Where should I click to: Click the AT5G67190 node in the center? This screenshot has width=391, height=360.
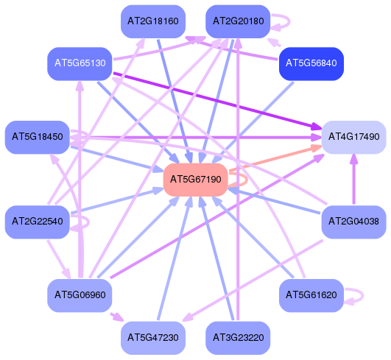196,180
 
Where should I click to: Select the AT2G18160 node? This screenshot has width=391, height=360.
153,21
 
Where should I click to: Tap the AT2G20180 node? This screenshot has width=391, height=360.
238,21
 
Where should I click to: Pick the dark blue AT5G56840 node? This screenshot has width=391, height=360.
311,64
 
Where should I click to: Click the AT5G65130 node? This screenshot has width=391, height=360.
80,64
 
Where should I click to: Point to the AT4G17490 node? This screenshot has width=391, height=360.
354,138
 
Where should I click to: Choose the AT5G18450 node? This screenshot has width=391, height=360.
38,138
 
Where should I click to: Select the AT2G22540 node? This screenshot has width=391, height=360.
38,222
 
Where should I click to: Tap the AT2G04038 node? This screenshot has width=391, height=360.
354,222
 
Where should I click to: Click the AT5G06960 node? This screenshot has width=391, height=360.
80,296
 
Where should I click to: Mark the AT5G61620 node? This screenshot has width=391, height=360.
311,296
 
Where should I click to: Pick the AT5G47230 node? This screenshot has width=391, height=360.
153,338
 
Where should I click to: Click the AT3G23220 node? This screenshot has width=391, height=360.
238,338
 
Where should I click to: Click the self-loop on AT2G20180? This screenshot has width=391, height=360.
289,21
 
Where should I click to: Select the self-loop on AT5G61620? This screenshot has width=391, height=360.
362,296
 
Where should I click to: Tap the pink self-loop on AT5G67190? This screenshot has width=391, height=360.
247,179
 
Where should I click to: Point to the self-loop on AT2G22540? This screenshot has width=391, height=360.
88,222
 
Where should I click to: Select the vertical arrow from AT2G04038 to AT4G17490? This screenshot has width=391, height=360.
354,179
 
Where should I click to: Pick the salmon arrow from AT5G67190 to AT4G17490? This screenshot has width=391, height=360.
275,158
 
